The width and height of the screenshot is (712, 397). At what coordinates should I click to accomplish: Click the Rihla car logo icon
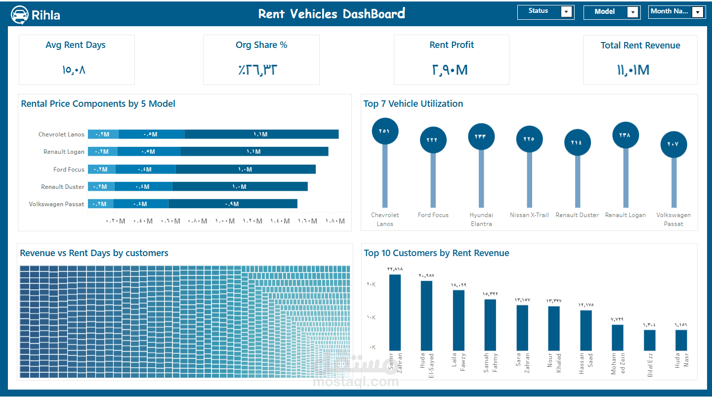coord(20,15)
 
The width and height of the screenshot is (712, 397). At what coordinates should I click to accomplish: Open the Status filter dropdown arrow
coord(567,12)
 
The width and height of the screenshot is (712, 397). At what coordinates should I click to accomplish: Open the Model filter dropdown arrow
coord(633,12)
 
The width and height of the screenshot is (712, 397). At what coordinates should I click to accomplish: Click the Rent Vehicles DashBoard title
coord(332,14)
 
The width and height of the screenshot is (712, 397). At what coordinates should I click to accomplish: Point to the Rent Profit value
coord(450,70)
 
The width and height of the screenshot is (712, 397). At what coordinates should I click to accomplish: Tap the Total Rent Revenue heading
coord(640,45)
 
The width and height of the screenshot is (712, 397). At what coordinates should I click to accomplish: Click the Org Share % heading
coord(261,45)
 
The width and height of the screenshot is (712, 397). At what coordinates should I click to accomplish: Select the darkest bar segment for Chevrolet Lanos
coord(261,134)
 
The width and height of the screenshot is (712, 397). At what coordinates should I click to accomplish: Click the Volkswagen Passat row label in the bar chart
coord(57,204)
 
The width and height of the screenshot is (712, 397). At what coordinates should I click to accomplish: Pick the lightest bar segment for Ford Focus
coord(102,170)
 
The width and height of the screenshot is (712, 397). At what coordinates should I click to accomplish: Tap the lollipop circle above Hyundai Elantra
coord(481,136)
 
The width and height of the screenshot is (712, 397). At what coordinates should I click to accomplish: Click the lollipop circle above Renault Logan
coord(626,134)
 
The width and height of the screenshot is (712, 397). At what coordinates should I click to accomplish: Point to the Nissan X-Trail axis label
coord(529,215)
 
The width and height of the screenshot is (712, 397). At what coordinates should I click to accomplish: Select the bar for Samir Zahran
coord(395,312)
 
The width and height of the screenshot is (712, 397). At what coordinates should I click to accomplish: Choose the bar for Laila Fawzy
coord(459,320)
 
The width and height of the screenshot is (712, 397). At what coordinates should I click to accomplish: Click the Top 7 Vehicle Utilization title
coord(413,104)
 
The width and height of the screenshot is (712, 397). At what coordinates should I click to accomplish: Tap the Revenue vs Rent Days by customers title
coord(94,253)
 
